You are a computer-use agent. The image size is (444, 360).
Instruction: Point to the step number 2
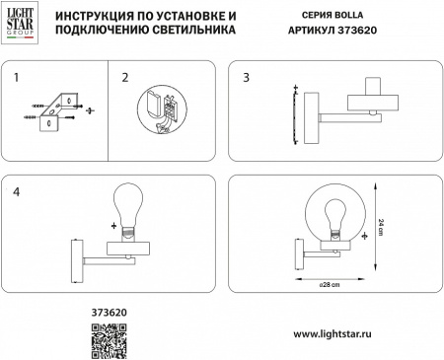point(124,77)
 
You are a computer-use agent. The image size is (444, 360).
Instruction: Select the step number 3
point(248,77)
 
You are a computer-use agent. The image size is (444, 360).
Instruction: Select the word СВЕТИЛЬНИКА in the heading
point(187,31)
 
